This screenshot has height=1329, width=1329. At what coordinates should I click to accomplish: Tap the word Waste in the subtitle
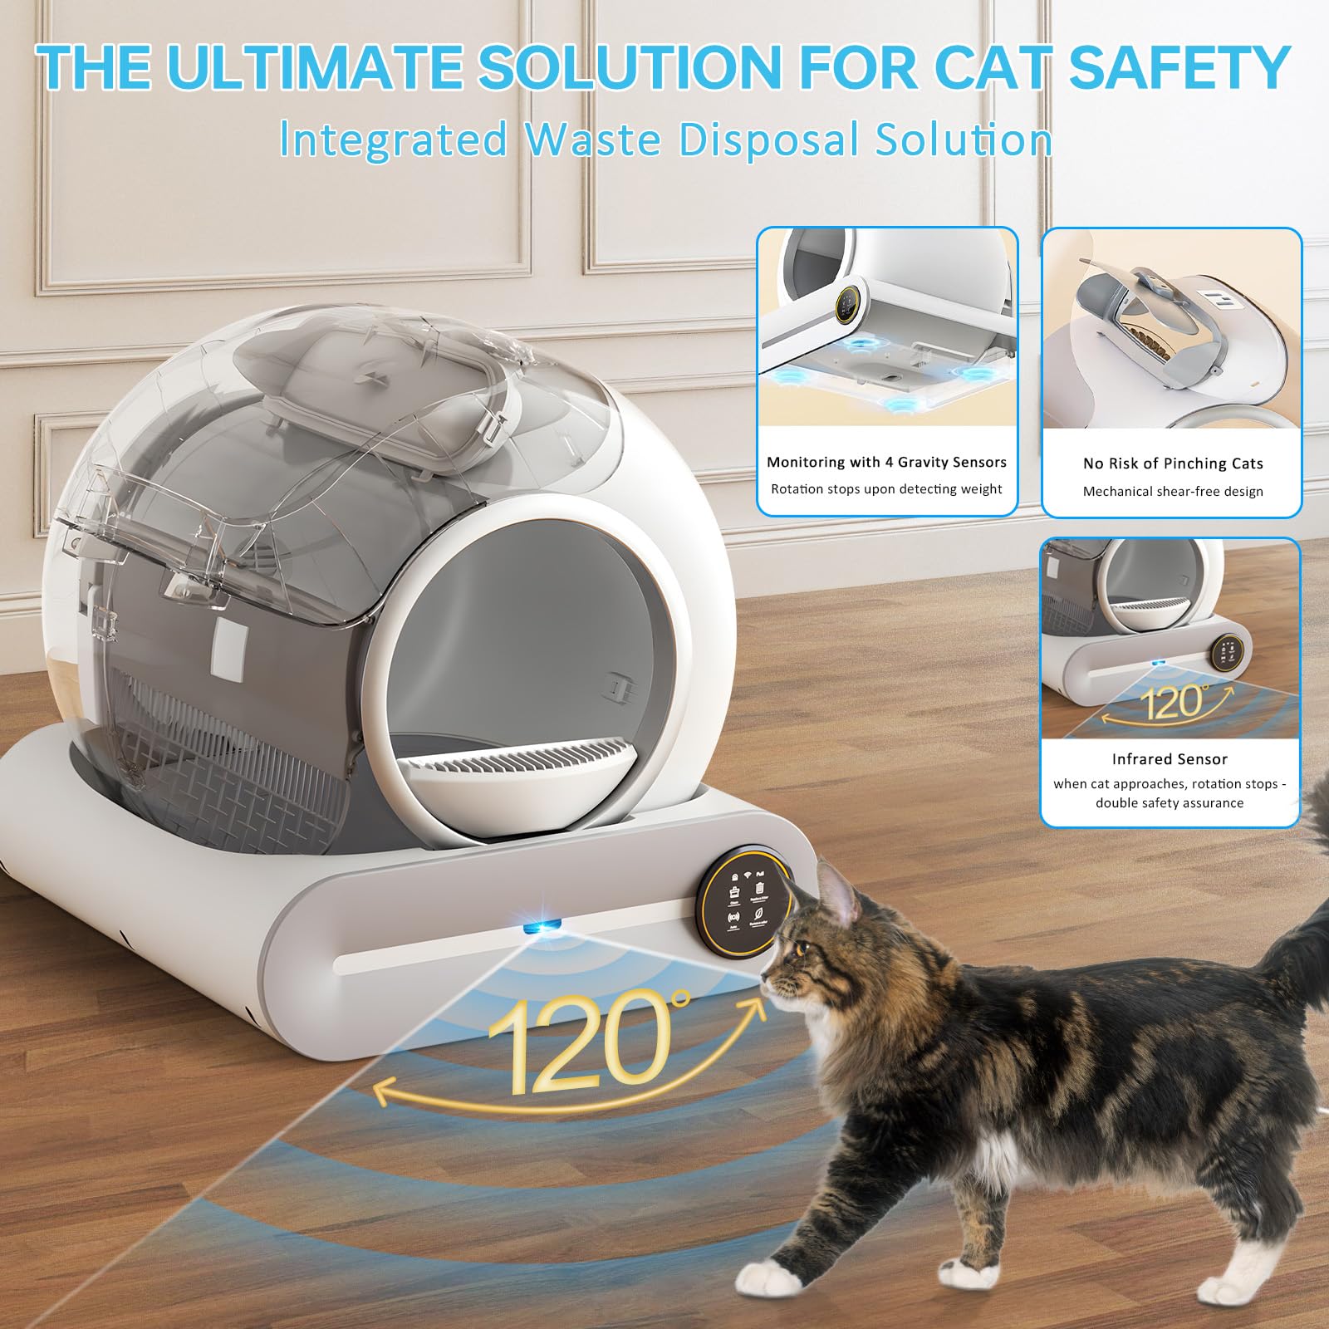click(594, 139)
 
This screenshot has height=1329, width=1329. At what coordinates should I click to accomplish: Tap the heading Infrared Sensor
click(1169, 758)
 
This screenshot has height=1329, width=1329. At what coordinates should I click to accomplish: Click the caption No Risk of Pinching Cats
click(1172, 463)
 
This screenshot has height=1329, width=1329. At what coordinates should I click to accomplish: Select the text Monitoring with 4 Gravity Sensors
click(886, 462)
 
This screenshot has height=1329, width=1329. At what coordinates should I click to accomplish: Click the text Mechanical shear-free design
click(1172, 491)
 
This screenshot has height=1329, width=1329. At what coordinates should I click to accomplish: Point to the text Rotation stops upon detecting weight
click(886, 488)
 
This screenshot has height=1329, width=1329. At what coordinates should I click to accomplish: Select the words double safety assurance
click(1169, 802)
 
